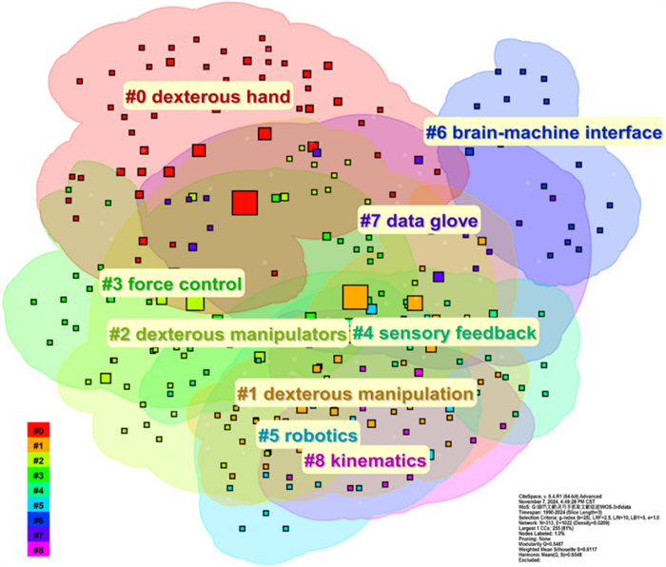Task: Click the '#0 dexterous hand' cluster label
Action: [x=207, y=96]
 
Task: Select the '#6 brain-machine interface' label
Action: [x=543, y=131]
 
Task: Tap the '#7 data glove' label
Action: [x=419, y=220]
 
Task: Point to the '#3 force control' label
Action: [x=171, y=283]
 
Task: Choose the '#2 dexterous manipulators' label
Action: [x=226, y=335]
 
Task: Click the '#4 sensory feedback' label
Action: [x=444, y=333]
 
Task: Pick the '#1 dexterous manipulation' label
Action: [x=354, y=393]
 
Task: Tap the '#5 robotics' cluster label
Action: [x=307, y=437]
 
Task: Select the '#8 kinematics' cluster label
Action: [x=364, y=460]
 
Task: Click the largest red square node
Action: [x=245, y=203]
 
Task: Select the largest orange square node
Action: [x=355, y=297]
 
